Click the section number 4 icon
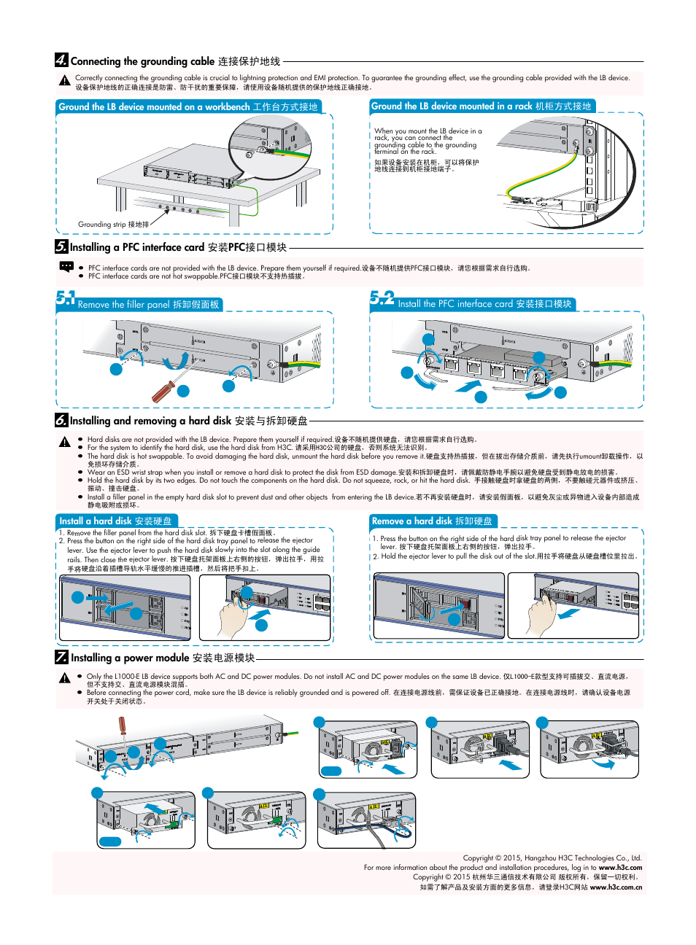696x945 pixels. point(61,60)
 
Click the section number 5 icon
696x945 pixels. point(61,246)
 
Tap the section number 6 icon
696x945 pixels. point(61,420)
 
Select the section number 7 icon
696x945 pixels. point(62,657)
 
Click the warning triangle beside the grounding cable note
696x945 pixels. point(65,81)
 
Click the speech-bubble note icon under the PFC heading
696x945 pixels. point(66,267)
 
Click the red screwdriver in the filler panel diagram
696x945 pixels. point(163,392)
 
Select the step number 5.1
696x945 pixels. point(66,297)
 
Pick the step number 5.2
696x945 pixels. point(382,297)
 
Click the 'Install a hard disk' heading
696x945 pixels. point(116,521)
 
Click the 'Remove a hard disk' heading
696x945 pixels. point(432,521)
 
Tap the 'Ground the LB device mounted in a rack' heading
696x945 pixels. point(481,106)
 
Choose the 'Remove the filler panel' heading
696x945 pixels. point(148,305)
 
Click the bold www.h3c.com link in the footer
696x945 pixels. point(620,868)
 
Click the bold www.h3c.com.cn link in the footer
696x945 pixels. point(616,887)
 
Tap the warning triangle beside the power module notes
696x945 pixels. point(65,679)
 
